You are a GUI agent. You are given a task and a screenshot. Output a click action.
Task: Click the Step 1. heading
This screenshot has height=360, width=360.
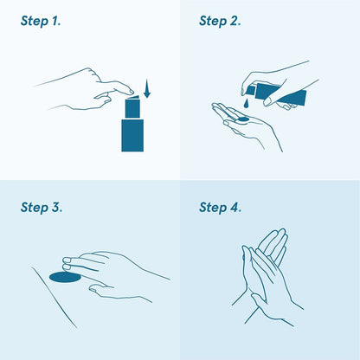(41, 22)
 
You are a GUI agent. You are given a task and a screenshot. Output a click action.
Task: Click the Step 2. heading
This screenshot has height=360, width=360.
(220, 22)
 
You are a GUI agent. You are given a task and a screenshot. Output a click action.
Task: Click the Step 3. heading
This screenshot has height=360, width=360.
(42, 208)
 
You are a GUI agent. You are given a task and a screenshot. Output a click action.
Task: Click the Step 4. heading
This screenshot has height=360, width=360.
(220, 208)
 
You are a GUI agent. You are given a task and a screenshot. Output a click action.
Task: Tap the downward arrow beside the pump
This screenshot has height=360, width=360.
(147, 88)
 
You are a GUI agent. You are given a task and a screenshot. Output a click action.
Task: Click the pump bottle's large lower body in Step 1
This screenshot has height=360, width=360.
(132, 135)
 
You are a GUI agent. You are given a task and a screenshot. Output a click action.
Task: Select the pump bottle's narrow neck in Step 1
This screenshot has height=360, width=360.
(132, 109)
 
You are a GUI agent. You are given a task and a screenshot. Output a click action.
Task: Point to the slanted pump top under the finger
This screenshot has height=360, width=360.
(133, 97)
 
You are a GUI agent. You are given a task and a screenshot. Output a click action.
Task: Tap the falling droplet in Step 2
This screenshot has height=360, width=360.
(246, 104)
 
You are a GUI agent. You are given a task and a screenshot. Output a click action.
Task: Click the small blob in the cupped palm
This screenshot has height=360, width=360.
(243, 119)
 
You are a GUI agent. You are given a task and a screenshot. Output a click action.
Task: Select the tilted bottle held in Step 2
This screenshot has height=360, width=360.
(277, 93)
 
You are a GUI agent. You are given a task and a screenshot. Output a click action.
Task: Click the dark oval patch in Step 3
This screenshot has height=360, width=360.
(65, 277)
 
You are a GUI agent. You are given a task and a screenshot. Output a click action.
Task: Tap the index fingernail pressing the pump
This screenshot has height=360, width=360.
(132, 92)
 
